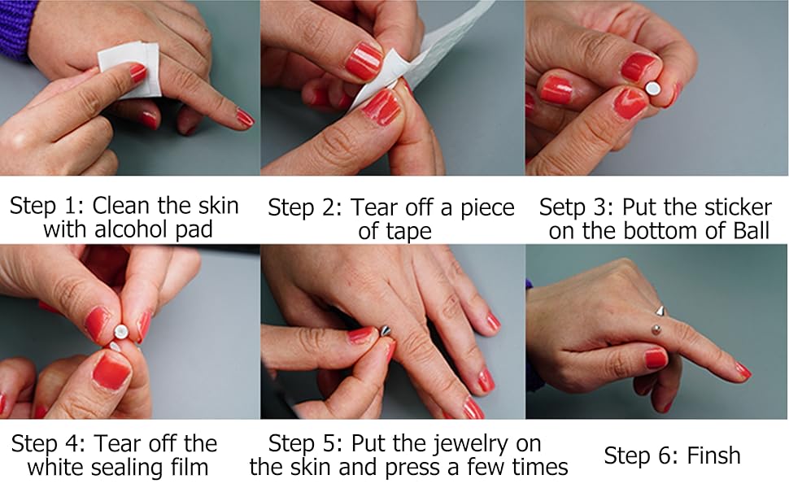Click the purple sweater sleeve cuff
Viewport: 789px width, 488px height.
16,28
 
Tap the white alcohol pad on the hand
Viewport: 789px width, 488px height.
130,69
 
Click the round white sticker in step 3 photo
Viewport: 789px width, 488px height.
652,89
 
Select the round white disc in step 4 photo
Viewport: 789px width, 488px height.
121,331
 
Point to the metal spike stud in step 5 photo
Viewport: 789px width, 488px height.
386,330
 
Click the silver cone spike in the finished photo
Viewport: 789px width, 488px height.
660,311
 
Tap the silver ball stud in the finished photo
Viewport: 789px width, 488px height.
656,329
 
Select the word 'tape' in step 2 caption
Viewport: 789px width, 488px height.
408,232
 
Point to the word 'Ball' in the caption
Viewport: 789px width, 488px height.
752,230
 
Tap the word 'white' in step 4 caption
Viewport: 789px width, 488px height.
53,468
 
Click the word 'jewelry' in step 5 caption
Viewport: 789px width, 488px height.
470,445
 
